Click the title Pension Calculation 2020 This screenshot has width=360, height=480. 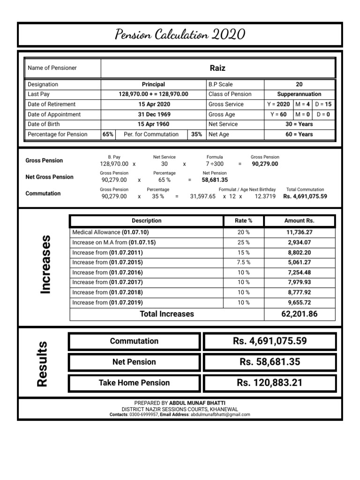[180, 35]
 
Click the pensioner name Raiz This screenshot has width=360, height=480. [217, 68]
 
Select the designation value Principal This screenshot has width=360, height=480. [153, 84]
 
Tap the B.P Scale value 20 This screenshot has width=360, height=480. [299, 84]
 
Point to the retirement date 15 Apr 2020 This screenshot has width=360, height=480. [153, 104]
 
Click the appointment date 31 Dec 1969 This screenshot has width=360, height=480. [153, 114]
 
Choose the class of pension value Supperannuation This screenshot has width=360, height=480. [299, 94]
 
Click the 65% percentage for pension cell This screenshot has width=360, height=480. [108, 134]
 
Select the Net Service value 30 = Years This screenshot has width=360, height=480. [299, 124]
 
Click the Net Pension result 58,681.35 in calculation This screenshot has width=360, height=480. [215, 180]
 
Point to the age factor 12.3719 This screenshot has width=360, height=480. [265, 196]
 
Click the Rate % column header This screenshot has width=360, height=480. [243, 221]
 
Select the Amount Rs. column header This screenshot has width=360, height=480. [299, 221]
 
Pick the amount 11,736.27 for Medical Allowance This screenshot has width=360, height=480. [299, 232]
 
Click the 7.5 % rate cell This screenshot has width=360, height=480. [243, 262]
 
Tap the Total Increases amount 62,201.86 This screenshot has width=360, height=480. [299, 314]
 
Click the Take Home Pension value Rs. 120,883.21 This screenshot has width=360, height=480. [270, 383]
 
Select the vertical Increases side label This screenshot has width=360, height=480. [45, 265]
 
